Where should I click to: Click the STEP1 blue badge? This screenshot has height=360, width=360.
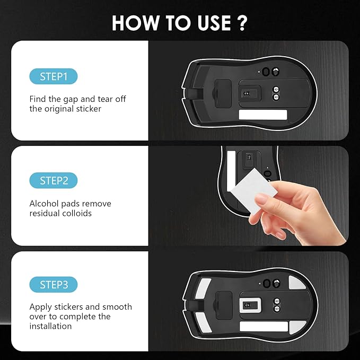coord(53,76)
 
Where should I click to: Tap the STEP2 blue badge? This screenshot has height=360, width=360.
coord(53,181)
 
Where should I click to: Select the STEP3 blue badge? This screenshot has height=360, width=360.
coord(53,285)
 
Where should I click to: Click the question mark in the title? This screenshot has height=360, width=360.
coord(242,23)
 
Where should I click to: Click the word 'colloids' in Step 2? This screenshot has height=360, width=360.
coord(77,213)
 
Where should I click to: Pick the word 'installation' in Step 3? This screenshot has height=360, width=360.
coord(51,326)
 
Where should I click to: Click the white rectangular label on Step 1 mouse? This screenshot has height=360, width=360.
coord(262,115)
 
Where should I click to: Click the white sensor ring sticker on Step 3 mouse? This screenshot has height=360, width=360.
coord(248,305)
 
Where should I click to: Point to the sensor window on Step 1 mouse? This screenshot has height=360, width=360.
coord(246,94)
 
